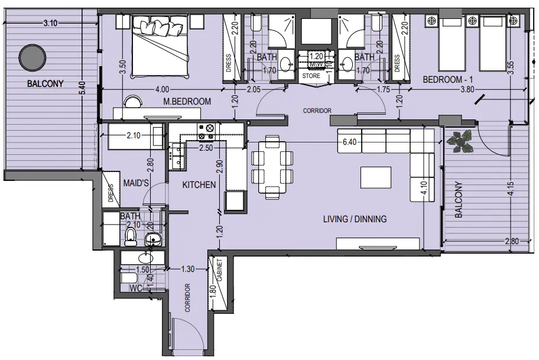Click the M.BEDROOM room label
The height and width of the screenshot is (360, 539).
click(x=187, y=102)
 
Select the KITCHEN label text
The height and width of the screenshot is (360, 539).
click(x=199, y=185)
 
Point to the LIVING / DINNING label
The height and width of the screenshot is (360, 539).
click(x=355, y=219)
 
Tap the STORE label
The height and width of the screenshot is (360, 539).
click(x=311, y=77)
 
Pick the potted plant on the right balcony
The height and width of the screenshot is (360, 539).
click(x=460, y=142)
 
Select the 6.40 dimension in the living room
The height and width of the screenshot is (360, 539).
click(x=350, y=143)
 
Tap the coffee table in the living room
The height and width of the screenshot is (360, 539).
click(x=376, y=177)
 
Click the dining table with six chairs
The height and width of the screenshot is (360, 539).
click(x=272, y=167)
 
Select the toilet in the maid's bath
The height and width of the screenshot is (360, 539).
click(x=131, y=238)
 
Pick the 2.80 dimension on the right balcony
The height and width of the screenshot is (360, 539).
click(x=512, y=241)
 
